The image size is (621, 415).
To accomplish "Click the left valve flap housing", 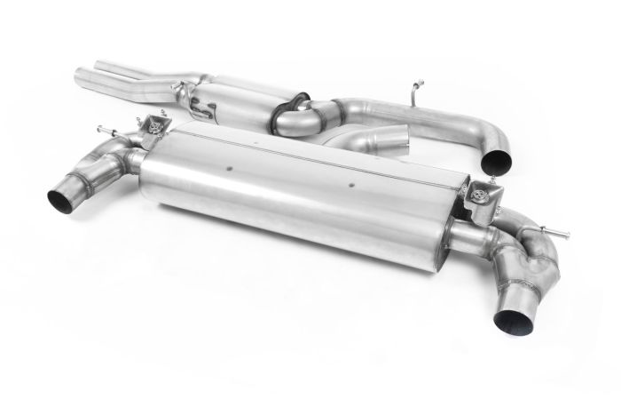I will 158,131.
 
